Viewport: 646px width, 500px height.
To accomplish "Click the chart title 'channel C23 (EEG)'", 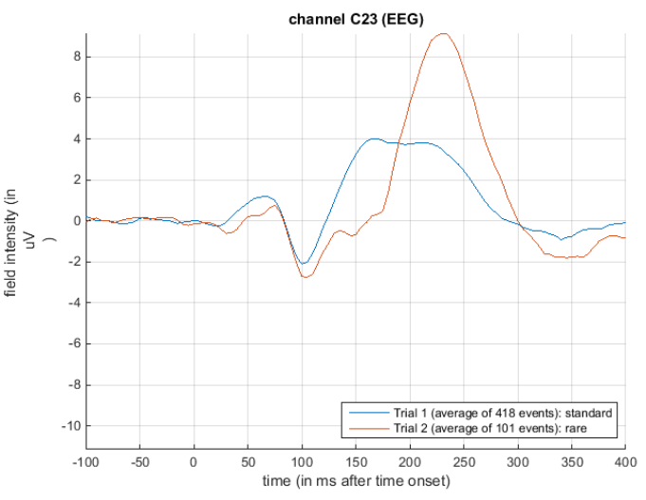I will pyautogui.click(x=356, y=19).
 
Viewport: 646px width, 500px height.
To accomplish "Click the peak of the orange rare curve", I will pyautogui.click(x=442, y=34).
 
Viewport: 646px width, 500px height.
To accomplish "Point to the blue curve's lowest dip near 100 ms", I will pyautogui.click(x=303, y=264).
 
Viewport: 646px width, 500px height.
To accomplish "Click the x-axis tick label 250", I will pyautogui.click(x=464, y=462).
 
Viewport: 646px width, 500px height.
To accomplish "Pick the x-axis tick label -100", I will pyautogui.click(x=85, y=462).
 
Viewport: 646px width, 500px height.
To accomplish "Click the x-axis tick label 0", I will pyautogui.click(x=194, y=462).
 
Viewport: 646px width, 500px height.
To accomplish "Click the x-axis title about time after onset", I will pyautogui.click(x=356, y=481).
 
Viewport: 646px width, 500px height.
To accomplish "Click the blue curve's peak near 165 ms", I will pyautogui.click(x=374, y=139).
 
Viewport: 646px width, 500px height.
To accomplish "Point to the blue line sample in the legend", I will pyautogui.click(x=366, y=413).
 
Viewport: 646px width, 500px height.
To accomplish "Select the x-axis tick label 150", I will pyautogui.click(x=356, y=462).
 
